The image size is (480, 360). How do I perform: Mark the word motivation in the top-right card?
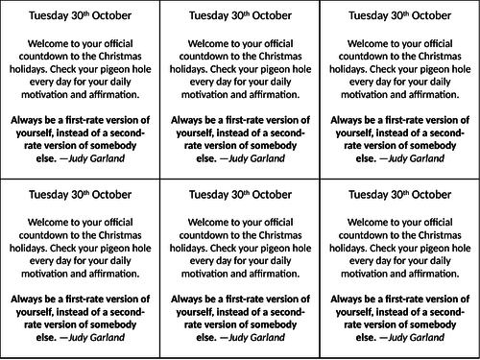(361, 94)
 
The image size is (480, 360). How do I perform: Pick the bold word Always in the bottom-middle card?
(187, 298)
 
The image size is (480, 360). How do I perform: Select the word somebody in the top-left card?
(125, 145)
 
